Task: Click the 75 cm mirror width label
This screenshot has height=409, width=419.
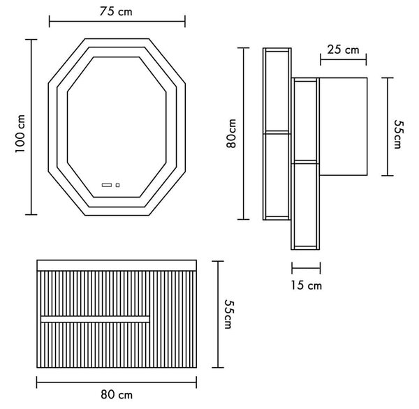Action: click(x=116, y=11)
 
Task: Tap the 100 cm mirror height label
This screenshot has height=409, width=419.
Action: click(x=20, y=133)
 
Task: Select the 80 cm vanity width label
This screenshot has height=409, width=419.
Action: click(x=117, y=394)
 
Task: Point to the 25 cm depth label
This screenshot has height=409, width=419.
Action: click(x=343, y=50)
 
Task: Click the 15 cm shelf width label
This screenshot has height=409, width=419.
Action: click(x=307, y=285)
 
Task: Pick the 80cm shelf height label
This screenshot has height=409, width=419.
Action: click(x=231, y=133)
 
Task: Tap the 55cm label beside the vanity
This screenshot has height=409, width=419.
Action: click(x=229, y=314)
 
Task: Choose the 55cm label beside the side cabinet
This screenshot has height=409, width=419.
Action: click(x=399, y=134)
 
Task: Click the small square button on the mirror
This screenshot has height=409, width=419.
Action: click(x=117, y=185)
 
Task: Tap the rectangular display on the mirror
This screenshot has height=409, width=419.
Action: click(x=107, y=185)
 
